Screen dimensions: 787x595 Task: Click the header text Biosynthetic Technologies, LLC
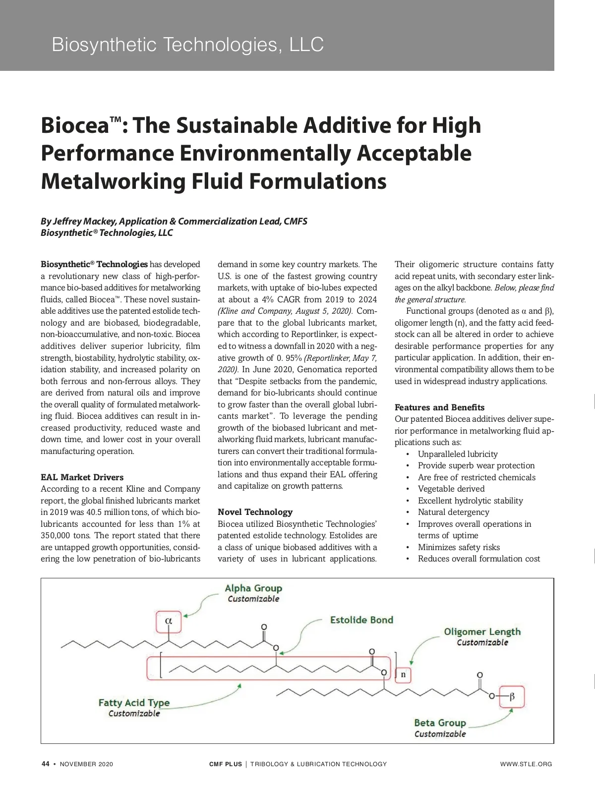(187, 45)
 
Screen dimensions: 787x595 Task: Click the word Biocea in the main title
(74, 125)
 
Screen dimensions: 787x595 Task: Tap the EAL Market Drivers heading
(82, 477)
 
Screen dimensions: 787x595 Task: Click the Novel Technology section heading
(255, 512)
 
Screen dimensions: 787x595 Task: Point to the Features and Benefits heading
(439, 407)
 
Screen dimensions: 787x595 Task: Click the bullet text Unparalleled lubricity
(457, 454)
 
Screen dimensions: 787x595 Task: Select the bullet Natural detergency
(453, 512)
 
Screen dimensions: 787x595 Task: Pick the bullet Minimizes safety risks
(459, 547)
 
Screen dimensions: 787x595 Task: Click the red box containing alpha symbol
(168, 621)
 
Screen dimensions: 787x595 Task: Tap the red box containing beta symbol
(512, 697)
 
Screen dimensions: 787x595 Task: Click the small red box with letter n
(403, 675)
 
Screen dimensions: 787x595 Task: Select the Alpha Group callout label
(253, 588)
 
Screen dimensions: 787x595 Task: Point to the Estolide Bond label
(361, 620)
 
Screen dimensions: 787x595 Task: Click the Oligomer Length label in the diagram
(482, 632)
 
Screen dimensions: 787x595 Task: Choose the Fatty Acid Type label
(134, 703)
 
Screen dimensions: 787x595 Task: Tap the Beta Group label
(440, 723)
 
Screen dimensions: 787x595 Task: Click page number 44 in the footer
(45, 764)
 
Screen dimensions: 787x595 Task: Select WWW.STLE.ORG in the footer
(526, 764)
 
